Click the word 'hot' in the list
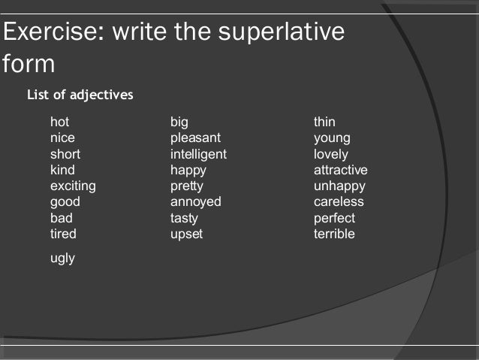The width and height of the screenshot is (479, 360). [x=59, y=122]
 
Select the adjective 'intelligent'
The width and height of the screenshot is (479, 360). [x=198, y=154]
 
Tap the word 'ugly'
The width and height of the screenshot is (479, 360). [x=62, y=259]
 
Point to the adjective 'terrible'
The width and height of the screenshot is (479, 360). [x=334, y=234]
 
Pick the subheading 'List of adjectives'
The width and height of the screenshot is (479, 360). [x=80, y=95]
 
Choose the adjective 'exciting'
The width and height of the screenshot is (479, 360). [x=73, y=186]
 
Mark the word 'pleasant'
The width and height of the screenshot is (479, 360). [x=195, y=138]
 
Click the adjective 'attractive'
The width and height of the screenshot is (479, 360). [x=340, y=170]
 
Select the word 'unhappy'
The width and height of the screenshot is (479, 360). [x=339, y=186]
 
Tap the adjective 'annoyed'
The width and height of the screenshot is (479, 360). [x=195, y=201]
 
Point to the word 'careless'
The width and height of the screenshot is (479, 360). [x=339, y=201]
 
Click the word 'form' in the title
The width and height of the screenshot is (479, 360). [x=29, y=64]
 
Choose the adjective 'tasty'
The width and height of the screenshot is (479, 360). [x=184, y=218]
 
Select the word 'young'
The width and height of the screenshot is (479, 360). [x=332, y=138]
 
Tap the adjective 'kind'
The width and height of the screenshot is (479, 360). [x=62, y=170]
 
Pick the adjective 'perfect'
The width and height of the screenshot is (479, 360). [x=334, y=218]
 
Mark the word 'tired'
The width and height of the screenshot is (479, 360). [x=63, y=234]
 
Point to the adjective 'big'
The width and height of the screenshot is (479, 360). [x=179, y=122]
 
